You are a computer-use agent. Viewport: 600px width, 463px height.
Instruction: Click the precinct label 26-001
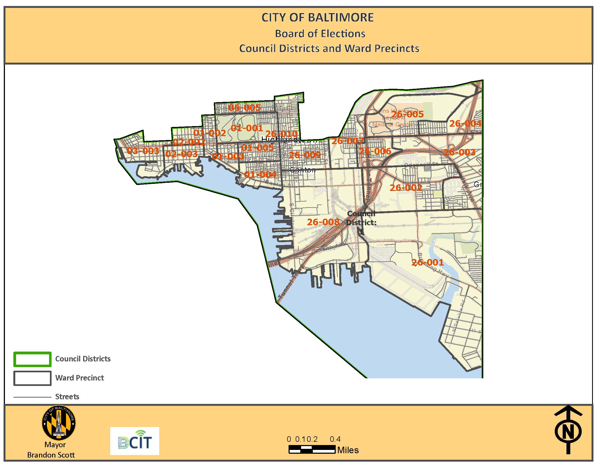(x=427, y=262)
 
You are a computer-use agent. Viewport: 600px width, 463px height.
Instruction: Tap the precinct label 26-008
(x=323, y=222)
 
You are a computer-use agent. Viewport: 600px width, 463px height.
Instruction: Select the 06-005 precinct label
(x=244, y=108)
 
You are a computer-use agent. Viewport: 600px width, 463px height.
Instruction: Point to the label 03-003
(x=143, y=151)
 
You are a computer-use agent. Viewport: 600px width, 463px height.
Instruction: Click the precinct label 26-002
(x=406, y=188)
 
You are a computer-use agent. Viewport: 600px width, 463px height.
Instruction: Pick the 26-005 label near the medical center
(x=407, y=114)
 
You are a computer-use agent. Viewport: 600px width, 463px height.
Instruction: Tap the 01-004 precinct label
(x=260, y=175)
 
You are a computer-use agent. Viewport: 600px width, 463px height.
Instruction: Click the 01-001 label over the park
(x=247, y=128)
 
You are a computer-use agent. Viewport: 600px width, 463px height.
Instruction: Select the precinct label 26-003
(x=459, y=152)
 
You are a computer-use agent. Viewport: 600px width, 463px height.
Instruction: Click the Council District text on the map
(x=361, y=218)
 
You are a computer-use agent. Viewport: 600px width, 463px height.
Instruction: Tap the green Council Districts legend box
(x=32, y=359)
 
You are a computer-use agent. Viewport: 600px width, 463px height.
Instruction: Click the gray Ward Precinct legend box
(x=32, y=378)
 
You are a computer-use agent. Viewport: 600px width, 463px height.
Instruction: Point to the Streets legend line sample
(x=32, y=397)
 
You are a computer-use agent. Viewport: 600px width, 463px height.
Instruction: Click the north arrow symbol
(x=568, y=430)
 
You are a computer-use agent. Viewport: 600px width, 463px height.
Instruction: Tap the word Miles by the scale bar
(x=348, y=450)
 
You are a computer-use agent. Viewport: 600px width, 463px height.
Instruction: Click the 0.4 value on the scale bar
(x=335, y=439)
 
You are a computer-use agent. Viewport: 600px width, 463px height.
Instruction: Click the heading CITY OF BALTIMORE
(x=317, y=17)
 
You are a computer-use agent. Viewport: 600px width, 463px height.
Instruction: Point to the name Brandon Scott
(x=51, y=455)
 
